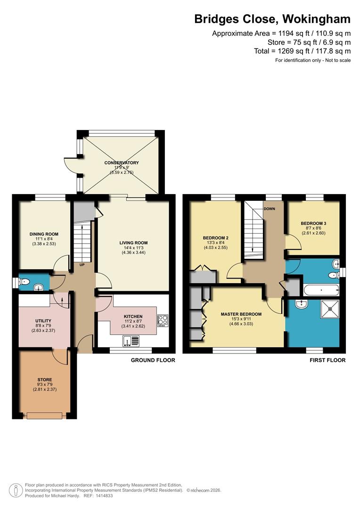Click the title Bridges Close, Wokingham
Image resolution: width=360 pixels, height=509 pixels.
(x=272, y=19)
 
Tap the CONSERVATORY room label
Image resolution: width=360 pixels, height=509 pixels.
(x=122, y=163)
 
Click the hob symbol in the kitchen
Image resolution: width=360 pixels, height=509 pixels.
(x=163, y=320)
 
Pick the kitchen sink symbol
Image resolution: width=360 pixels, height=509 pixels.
(x=130, y=341)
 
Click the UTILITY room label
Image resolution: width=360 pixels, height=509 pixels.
(x=43, y=321)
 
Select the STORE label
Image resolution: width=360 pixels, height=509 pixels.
(x=44, y=379)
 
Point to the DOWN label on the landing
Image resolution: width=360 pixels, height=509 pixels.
(x=270, y=209)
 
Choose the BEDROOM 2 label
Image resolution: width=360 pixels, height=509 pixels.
(x=215, y=238)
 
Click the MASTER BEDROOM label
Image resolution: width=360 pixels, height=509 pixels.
(x=241, y=314)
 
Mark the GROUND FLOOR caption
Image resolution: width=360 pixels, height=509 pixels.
(x=153, y=360)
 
